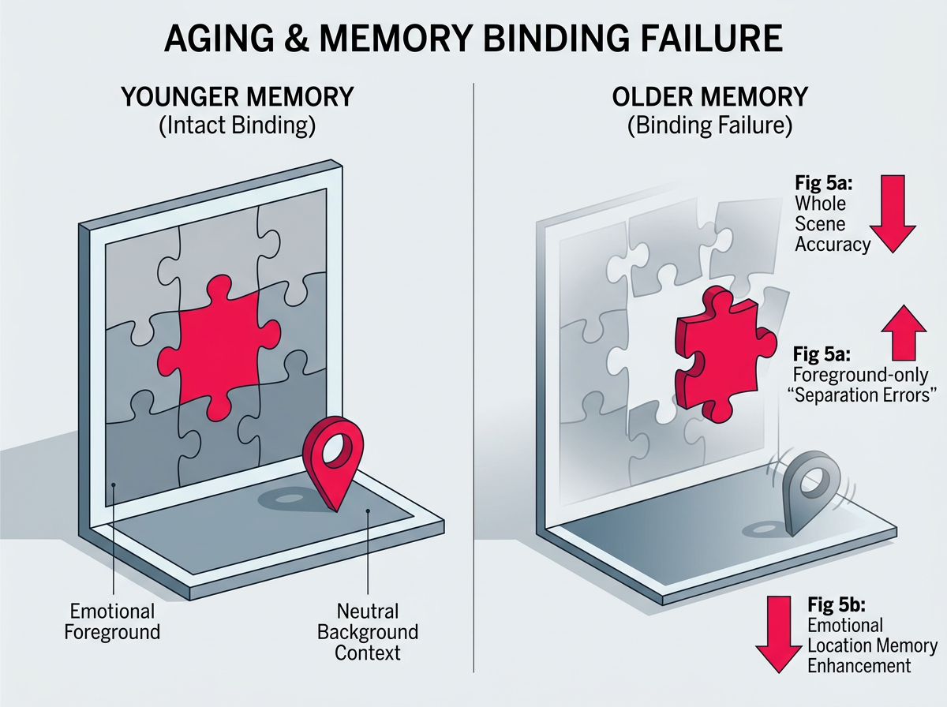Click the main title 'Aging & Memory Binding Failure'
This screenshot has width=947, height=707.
coord(473,39)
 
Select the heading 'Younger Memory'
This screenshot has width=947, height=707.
coord(237,98)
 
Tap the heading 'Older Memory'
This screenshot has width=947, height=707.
coord(709,98)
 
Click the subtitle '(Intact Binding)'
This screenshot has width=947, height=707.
coord(237,127)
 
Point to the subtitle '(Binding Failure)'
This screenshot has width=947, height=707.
coord(709,127)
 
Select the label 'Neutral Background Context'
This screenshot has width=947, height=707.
coord(369,631)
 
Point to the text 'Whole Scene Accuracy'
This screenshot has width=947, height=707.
coord(832,224)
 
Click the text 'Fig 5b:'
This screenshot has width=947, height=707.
coord(838,606)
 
